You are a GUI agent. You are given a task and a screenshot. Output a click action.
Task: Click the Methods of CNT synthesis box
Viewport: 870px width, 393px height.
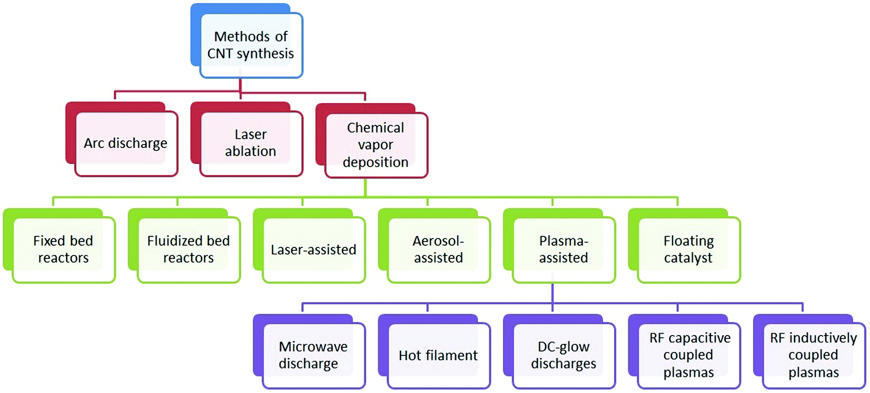pyautogui.click(x=247, y=41)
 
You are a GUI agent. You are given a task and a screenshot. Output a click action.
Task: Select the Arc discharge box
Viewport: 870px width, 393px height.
pyautogui.click(x=121, y=139)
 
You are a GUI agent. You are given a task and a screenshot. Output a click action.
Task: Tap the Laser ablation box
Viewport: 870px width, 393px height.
pyautogui.click(x=247, y=139)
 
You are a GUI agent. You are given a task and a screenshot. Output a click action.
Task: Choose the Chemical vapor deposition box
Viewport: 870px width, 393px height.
pyautogui.click(x=372, y=141)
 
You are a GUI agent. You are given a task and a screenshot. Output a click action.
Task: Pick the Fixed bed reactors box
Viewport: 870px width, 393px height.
pyautogui.click(x=59, y=246)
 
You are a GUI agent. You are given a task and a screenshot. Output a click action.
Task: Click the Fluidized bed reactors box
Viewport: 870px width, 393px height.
pyautogui.click(x=185, y=246)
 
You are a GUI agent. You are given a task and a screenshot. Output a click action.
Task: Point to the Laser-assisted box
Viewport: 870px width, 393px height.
pyautogui.click(x=310, y=246)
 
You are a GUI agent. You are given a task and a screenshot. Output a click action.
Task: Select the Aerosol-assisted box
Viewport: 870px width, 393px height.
pyautogui.click(x=435, y=246)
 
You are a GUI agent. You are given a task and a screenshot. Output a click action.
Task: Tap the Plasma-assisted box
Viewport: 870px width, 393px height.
pyautogui.click(x=560, y=246)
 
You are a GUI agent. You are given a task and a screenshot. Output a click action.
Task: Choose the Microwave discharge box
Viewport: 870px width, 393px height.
pyautogui.click(x=310, y=351)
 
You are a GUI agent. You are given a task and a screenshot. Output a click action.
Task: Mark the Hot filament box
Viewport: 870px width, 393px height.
pyautogui.click(x=435, y=351)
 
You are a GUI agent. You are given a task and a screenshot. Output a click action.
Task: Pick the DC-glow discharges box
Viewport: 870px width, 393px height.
pyautogui.click(x=560, y=351)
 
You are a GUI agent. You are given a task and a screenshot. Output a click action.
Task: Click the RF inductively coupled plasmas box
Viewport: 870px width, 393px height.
pyautogui.click(x=810, y=351)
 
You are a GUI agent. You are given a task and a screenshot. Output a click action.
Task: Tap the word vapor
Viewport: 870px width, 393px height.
pyautogui.click(x=375, y=145)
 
